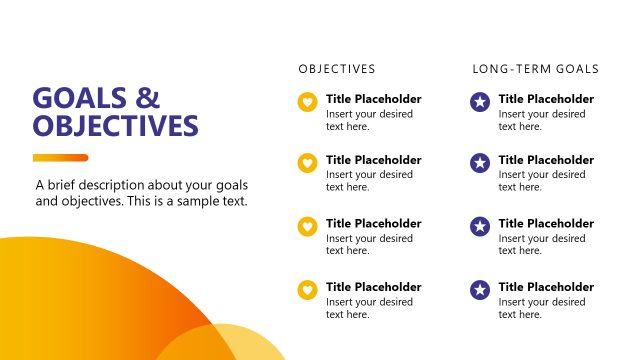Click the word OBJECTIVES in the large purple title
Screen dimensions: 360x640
point(115,126)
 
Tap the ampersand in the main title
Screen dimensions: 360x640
point(148,98)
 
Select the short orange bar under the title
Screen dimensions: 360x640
point(60,157)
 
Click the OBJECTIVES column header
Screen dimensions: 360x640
point(337,69)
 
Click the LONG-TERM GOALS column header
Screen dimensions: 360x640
point(535,69)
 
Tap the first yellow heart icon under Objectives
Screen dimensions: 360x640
point(308,101)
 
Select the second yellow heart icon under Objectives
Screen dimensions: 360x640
point(308,162)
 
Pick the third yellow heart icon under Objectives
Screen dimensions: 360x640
point(308,226)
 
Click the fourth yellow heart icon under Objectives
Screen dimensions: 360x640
point(308,290)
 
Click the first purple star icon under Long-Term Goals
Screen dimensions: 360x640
point(480,101)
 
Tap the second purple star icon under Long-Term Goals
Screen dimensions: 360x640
point(480,162)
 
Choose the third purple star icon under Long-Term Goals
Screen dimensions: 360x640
point(480,226)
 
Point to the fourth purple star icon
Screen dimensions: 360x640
point(480,290)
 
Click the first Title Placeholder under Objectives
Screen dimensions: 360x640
point(374,99)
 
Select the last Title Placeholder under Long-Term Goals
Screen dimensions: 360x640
point(546,287)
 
